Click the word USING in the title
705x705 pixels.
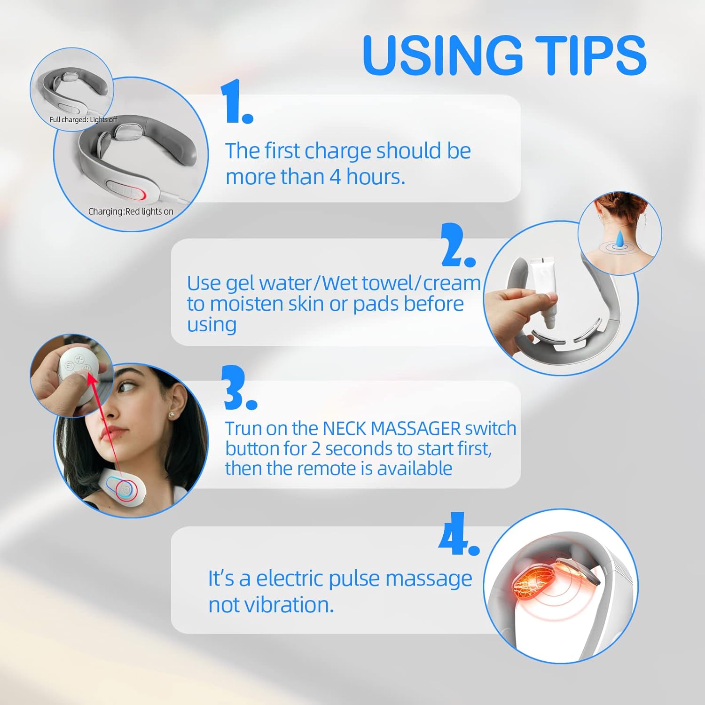[442, 55]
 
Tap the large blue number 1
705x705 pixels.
[237, 102]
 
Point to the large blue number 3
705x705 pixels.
[240, 388]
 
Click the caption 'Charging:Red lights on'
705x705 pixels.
[131, 212]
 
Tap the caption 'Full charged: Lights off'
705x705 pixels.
[83, 120]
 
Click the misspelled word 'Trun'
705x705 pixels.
[245, 429]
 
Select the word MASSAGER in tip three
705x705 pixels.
[415, 429]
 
